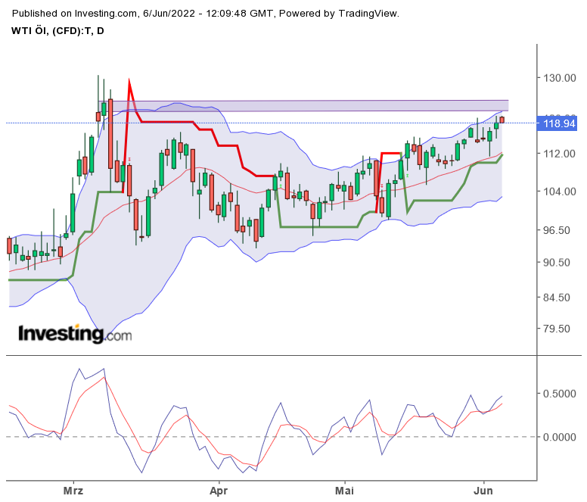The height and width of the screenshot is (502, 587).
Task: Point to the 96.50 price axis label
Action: point(561,230)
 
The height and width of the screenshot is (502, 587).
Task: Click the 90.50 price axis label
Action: point(561,262)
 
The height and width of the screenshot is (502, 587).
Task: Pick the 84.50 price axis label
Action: point(561,297)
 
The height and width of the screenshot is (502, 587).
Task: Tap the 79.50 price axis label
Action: point(561,329)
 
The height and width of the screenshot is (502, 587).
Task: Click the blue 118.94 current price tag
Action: point(559,123)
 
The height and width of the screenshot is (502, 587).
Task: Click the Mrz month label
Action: point(73,491)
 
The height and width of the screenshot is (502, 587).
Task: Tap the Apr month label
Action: point(218,491)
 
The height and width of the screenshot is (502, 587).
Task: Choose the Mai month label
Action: point(344,491)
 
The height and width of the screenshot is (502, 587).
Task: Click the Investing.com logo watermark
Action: point(74,333)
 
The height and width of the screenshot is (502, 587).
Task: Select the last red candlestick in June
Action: point(502,119)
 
